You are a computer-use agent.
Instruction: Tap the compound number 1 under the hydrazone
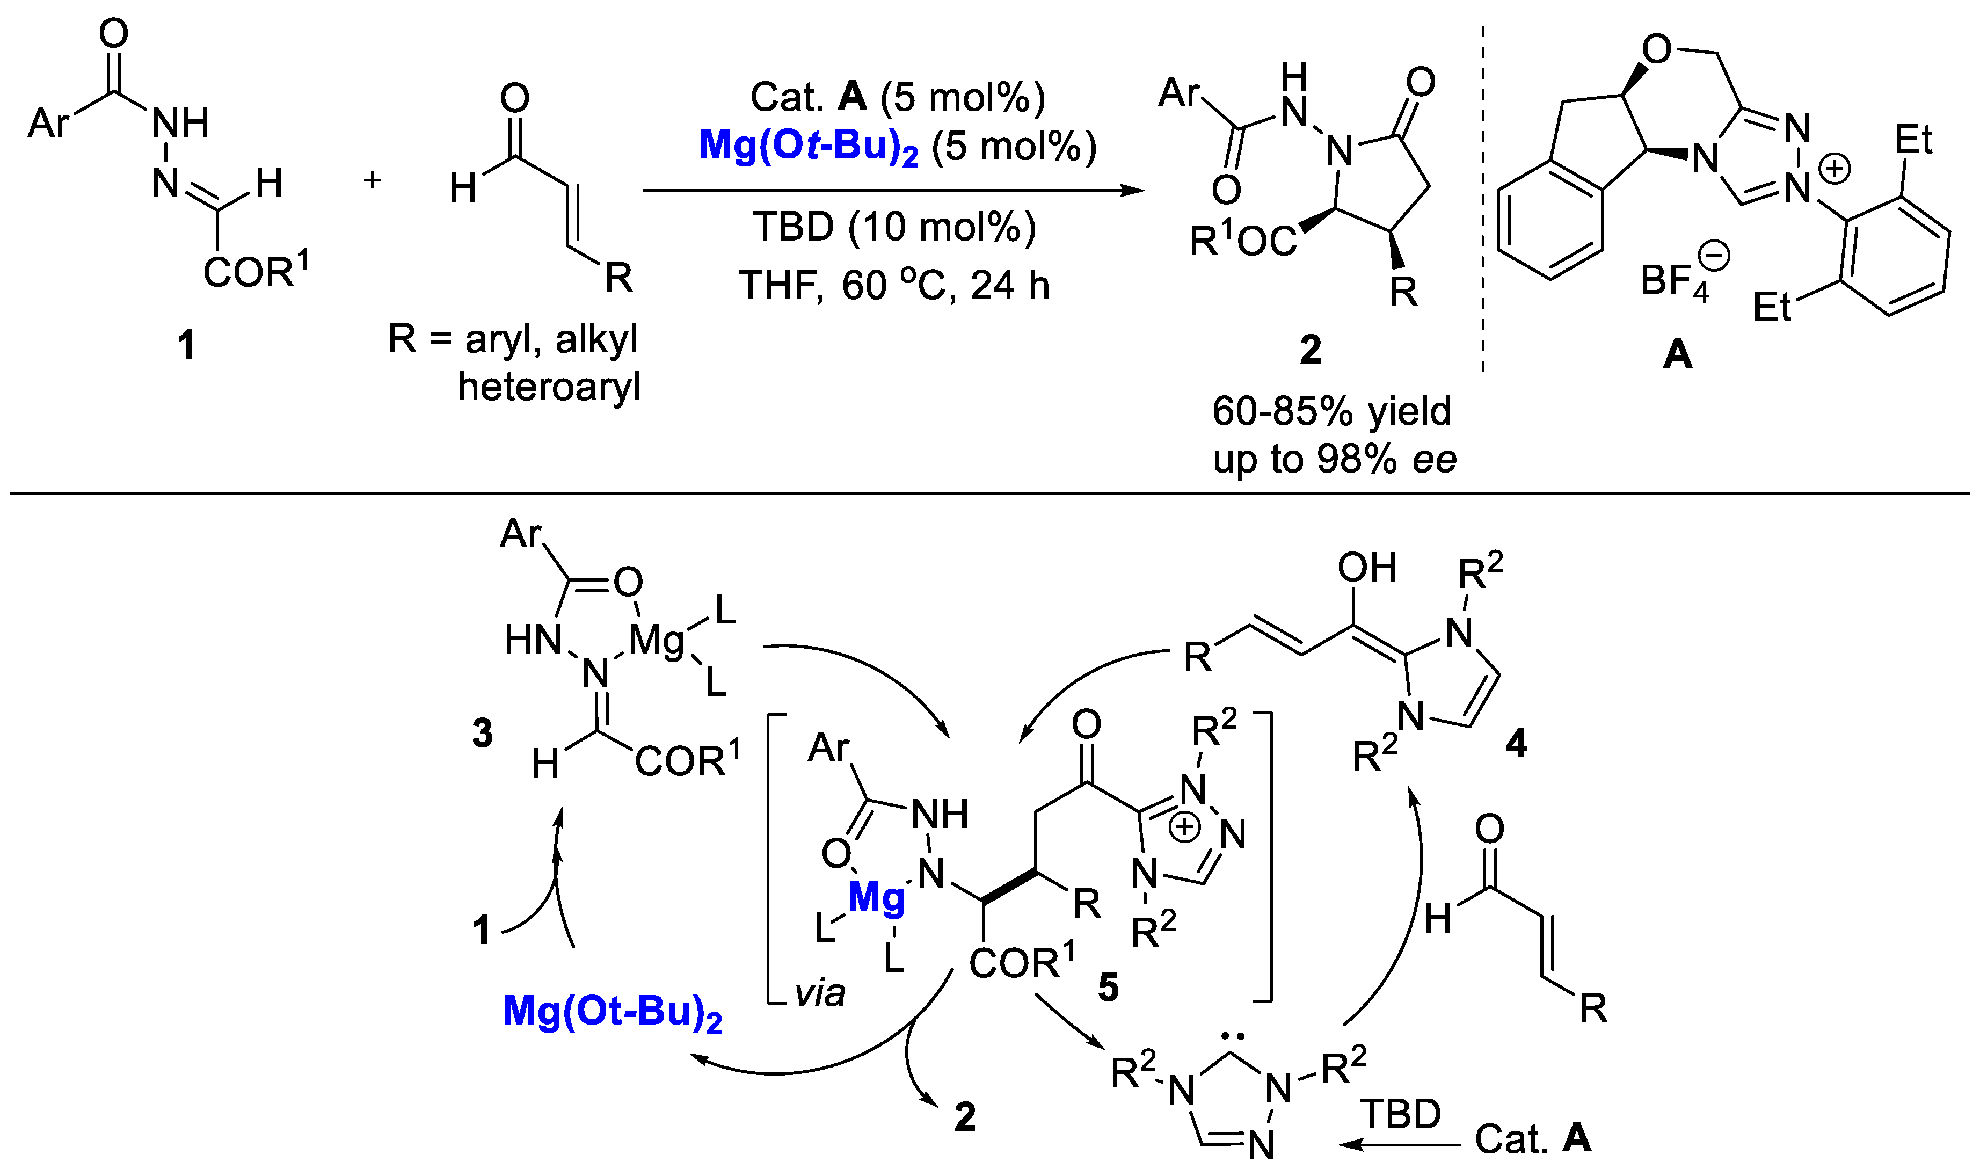(x=186, y=345)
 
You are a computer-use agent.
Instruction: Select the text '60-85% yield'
(x=1331, y=411)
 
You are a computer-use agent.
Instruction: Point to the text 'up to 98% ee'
(x=1334, y=459)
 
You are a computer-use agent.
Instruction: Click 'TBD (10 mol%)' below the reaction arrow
(x=894, y=227)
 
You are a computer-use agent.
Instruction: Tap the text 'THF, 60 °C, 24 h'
(x=894, y=285)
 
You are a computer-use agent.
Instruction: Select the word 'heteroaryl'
(x=549, y=387)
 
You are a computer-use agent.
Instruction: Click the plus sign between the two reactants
(x=372, y=180)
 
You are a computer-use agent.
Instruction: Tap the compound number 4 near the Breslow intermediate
(x=1516, y=743)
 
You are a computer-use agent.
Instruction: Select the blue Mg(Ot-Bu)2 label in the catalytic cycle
(x=612, y=1012)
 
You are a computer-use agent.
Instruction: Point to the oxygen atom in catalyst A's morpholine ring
(x=1656, y=49)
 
